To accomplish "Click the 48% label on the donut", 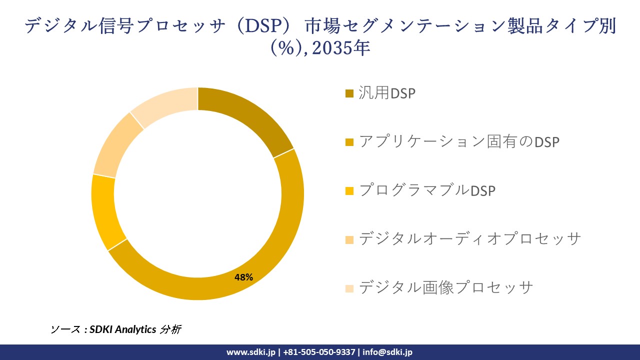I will click(x=244, y=277).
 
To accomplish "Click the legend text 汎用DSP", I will click(x=387, y=93).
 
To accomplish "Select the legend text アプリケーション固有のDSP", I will click(x=459, y=142).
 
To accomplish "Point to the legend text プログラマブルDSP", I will click(x=427, y=190).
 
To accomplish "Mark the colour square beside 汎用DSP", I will click(x=349, y=94).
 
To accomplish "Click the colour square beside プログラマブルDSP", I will click(x=349, y=191).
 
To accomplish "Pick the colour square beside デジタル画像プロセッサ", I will click(x=349, y=288).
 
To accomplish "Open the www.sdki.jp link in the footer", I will click(x=251, y=352).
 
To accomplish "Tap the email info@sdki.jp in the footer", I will click(x=387, y=352).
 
